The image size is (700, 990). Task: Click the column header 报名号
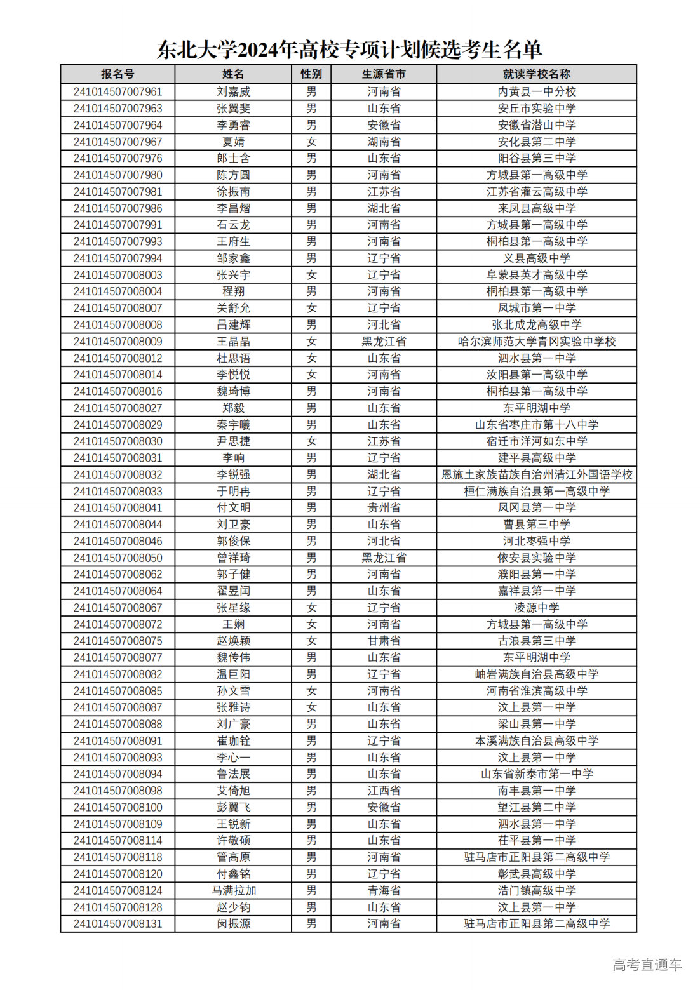pyautogui.click(x=118, y=74)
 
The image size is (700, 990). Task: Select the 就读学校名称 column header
pyautogui.click(x=536, y=74)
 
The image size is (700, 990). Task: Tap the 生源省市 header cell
pyautogui.click(x=384, y=74)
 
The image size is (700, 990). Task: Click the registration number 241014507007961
pyautogui.click(x=118, y=91)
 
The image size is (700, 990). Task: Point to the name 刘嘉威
pyautogui.click(x=233, y=91)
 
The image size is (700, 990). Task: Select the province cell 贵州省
pyautogui.click(x=384, y=507)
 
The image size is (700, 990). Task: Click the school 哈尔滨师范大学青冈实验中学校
pyautogui.click(x=536, y=341)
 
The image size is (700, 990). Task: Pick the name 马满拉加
pyautogui.click(x=233, y=890)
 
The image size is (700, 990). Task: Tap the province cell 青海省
pyautogui.click(x=384, y=890)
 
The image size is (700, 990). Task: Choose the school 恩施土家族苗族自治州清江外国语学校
pyautogui.click(x=536, y=474)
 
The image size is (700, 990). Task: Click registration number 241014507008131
pyautogui.click(x=118, y=923)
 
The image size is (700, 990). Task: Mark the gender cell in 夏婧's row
pyautogui.click(x=311, y=142)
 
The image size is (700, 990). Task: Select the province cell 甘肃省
pyautogui.click(x=384, y=641)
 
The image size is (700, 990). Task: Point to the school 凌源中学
pyautogui.click(x=536, y=608)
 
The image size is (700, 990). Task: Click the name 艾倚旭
pyautogui.click(x=233, y=791)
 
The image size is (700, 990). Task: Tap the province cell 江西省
pyautogui.click(x=384, y=791)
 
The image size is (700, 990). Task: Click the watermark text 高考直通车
pyautogui.click(x=647, y=965)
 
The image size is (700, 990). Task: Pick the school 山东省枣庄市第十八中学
pyautogui.click(x=536, y=424)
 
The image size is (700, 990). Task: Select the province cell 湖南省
pyautogui.click(x=384, y=142)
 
